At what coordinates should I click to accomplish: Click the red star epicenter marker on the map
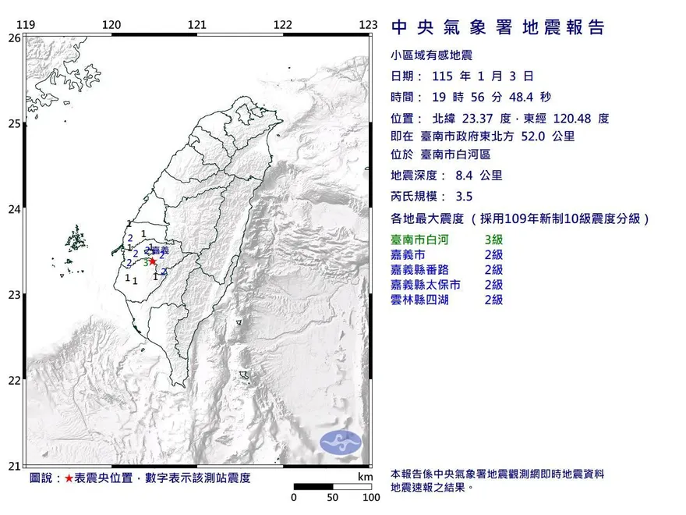click(x=154, y=261)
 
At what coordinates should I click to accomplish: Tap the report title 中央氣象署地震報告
click(x=497, y=28)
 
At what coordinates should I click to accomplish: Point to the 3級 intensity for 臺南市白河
click(x=493, y=240)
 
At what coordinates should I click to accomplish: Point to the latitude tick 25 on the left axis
click(x=14, y=123)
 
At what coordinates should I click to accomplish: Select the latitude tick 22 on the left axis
click(x=14, y=381)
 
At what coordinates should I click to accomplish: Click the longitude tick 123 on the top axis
click(x=369, y=26)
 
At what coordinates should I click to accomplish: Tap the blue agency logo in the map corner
click(x=341, y=441)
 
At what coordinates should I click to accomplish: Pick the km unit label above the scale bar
click(x=364, y=477)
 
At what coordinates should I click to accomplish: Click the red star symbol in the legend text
click(x=69, y=478)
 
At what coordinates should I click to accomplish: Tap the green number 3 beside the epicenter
click(x=145, y=263)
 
